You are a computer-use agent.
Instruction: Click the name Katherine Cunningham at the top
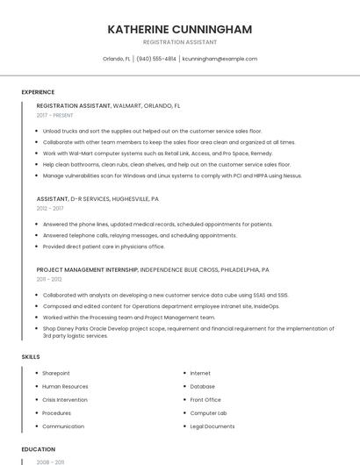pyautogui.click(x=179, y=29)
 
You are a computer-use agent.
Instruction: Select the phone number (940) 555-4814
pyautogui.click(x=156, y=59)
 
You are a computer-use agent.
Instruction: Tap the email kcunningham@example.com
pyautogui.click(x=220, y=59)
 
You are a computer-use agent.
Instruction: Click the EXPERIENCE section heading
pyautogui.click(x=38, y=92)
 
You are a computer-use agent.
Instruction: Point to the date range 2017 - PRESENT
pyautogui.click(x=54, y=115)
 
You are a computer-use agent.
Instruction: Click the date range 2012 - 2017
pyautogui.click(x=50, y=209)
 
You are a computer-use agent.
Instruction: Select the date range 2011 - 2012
pyautogui.click(x=49, y=279)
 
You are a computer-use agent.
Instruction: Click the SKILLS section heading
pyautogui.click(x=31, y=357)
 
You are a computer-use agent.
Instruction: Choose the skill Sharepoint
pyautogui.click(x=56, y=373)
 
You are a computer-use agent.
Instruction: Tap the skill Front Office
pyautogui.click(x=205, y=399)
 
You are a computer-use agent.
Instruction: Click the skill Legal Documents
pyautogui.click(x=212, y=426)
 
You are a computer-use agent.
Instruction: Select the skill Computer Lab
pyautogui.click(x=208, y=412)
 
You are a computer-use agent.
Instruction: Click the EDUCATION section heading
pyautogui.click(x=38, y=449)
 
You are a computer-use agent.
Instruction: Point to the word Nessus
pyautogui.click(x=292, y=175)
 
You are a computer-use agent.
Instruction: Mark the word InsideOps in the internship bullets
pyautogui.click(x=267, y=306)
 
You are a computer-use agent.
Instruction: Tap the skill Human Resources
pyautogui.click(x=65, y=386)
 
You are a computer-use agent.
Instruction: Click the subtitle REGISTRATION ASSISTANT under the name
pyautogui.click(x=179, y=42)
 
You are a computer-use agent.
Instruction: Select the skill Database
pyautogui.click(x=202, y=386)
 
